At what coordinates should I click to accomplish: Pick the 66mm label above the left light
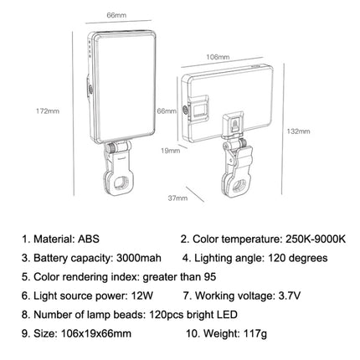pos(93,13)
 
